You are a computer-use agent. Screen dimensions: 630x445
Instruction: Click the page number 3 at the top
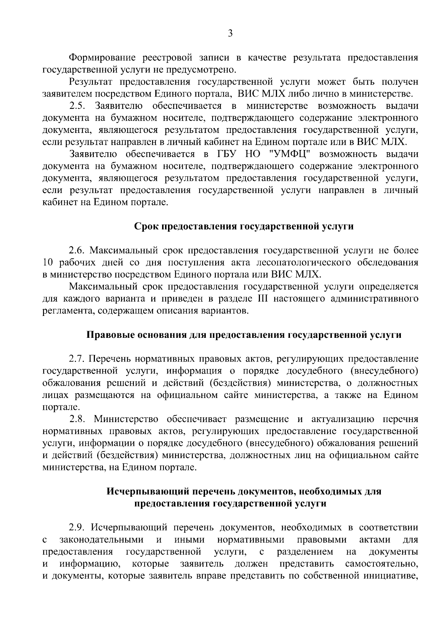pos(230,34)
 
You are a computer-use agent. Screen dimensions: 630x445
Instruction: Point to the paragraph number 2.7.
pos(78,359)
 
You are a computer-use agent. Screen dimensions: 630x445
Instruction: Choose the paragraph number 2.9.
pos(78,528)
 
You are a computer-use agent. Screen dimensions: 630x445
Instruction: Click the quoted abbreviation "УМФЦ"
pos(286,154)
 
